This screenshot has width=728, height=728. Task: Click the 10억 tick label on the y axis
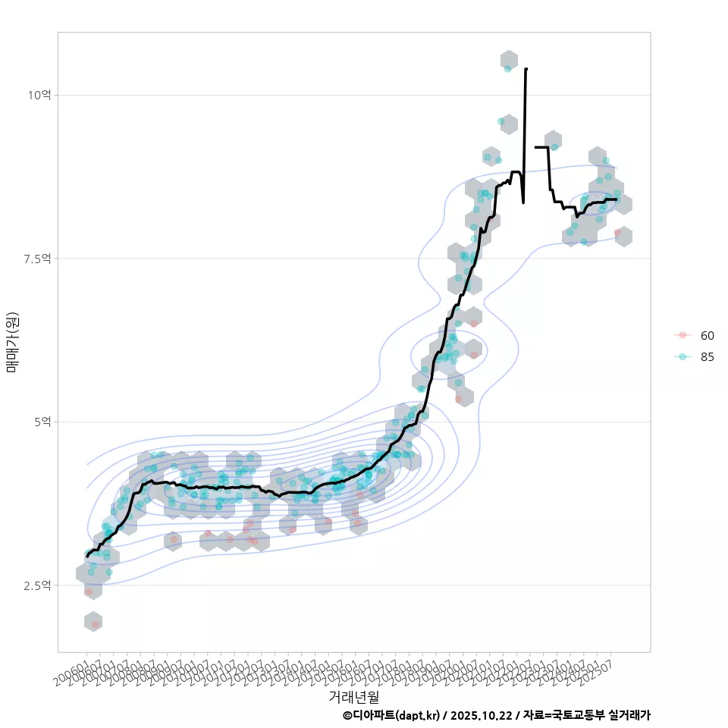pyautogui.click(x=39, y=95)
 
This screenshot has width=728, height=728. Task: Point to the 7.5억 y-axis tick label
pyautogui.click(x=37, y=259)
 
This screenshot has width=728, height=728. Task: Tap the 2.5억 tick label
pyautogui.click(x=37, y=585)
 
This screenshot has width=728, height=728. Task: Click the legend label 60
pyautogui.click(x=707, y=335)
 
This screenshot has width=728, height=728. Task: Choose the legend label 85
pyautogui.click(x=707, y=357)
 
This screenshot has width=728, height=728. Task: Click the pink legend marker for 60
pyautogui.click(x=682, y=335)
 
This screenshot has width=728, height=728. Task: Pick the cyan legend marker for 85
pyautogui.click(x=682, y=357)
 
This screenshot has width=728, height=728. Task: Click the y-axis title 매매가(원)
pyautogui.click(x=13, y=342)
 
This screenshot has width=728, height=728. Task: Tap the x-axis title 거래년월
pyautogui.click(x=354, y=695)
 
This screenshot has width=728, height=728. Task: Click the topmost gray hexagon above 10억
pyautogui.click(x=509, y=60)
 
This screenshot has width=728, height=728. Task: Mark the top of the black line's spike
pyautogui.click(x=526, y=68)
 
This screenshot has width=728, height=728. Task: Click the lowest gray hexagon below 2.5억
pyautogui.click(x=93, y=621)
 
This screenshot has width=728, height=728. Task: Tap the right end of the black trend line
pyautogui.click(x=617, y=199)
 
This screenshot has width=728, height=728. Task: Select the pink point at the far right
pyautogui.click(x=618, y=233)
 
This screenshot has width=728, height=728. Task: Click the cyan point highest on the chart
pyautogui.click(x=507, y=68)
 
